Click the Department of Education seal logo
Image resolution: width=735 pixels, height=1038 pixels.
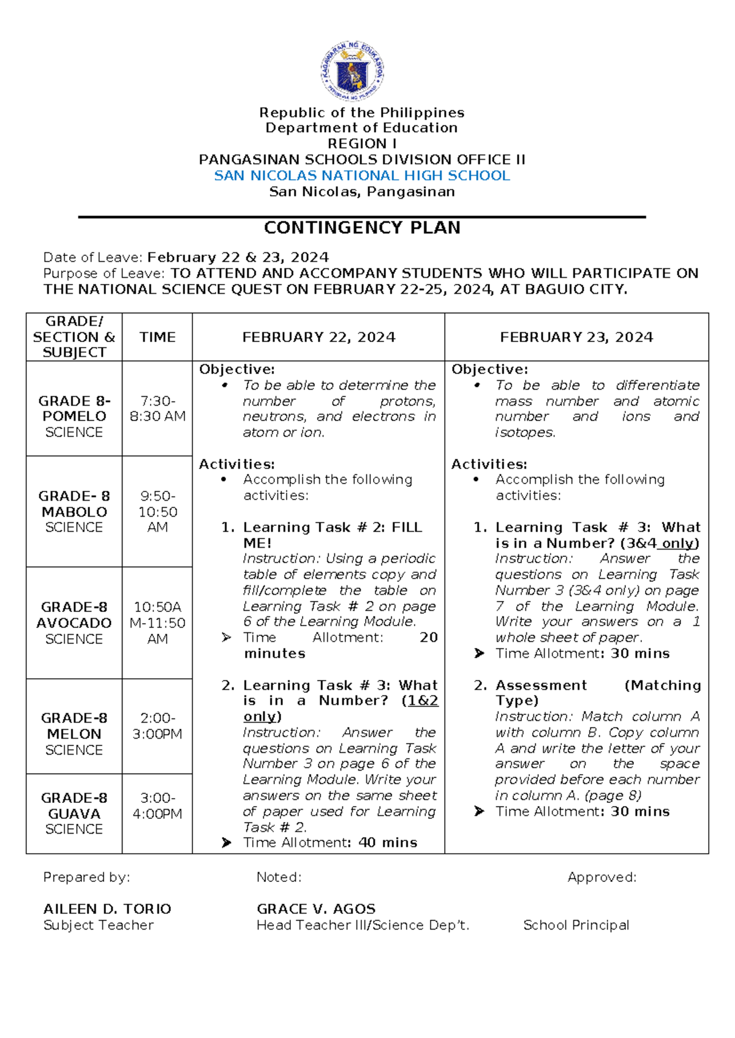click(x=353, y=72)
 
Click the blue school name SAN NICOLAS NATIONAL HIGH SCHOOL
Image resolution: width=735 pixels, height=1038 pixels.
click(x=361, y=176)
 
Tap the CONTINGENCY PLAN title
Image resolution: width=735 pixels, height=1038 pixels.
click(x=362, y=228)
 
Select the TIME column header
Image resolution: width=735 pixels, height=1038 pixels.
click(x=157, y=337)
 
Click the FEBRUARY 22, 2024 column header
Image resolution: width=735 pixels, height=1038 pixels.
click(x=318, y=337)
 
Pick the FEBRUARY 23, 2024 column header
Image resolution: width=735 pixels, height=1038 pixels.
click(x=576, y=337)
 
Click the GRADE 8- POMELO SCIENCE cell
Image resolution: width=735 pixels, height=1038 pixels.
click(x=74, y=416)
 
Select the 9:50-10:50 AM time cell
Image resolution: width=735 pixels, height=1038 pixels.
click(x=157, y=512)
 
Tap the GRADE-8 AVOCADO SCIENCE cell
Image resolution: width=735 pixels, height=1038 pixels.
click(x=74, y=622)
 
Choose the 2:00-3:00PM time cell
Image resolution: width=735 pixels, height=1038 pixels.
click(x=157, y=726)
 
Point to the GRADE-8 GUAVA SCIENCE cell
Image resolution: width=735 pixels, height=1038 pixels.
click(x=74, y=813)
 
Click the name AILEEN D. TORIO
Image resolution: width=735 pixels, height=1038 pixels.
click(x=107, y=909)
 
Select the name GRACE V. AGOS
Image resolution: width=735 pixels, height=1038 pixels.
click(x=316, y=909)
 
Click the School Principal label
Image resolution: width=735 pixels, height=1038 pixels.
click(x=576, y=925)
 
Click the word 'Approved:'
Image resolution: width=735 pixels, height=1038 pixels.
click(x=601, y=877)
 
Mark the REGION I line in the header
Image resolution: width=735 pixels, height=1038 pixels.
click(x=361, y=144)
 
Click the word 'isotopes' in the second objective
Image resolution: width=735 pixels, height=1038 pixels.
click(x=524, y=432)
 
